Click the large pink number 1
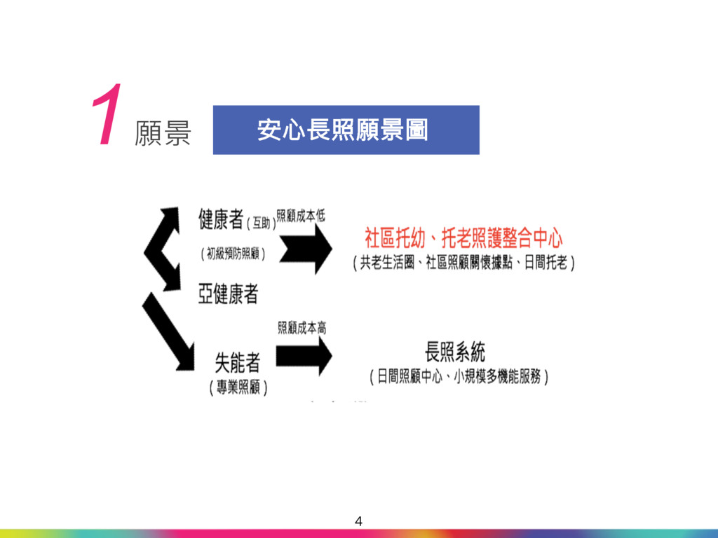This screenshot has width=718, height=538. pyautogui.click(x=105, y=116)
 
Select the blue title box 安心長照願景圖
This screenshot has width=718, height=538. pyautogui.click(x=346, y=130)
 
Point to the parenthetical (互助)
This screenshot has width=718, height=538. pyautogui.click(x=261, y=223)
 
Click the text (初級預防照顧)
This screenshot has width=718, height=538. pyautogui.click(x=233, y=254)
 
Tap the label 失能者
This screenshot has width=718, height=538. pyautogui.click(x=237, y=362)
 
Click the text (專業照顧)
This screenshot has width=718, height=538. pyautogui.click(x=238, y=387)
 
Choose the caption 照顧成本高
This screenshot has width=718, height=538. pyautogui.click(x=302, y=327)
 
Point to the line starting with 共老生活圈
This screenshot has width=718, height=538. pyautogui.click(x=463, y=263)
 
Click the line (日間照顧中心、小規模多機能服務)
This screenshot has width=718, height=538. pyautogui.click(x=459, y=377)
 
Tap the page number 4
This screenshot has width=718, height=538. pyautogui.click(x=359, y=520)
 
